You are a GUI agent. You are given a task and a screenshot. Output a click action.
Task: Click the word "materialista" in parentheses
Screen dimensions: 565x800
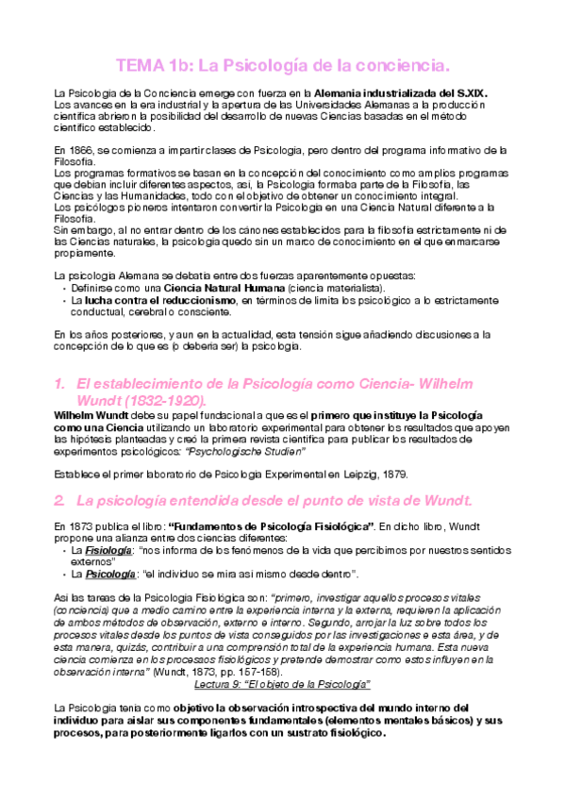(348, 287)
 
